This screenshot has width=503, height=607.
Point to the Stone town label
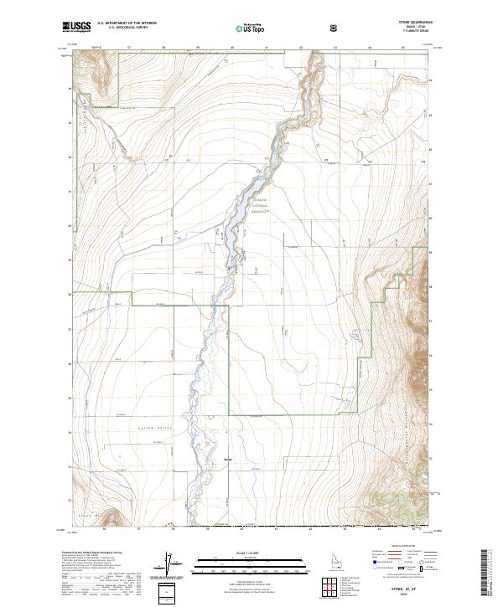point(229,459)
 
